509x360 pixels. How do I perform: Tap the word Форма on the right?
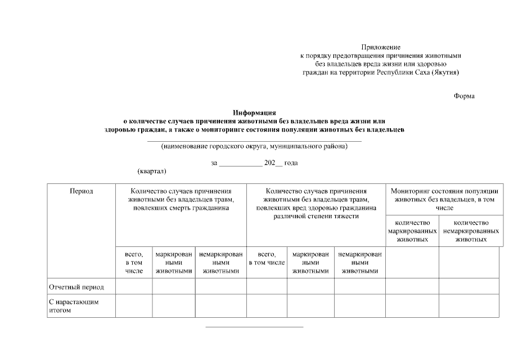point(464,96)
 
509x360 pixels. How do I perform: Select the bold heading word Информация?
point(254,112)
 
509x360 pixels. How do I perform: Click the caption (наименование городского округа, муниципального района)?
point(254,147)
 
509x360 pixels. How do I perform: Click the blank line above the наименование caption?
point(254,140)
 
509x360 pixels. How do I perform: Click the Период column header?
point(81,191)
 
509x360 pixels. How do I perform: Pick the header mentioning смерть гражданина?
point(181,199)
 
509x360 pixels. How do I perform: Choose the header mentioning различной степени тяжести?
point(316,203)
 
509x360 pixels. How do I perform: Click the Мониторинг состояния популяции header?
point(444,199)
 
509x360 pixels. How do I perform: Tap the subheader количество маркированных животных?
point(412,231)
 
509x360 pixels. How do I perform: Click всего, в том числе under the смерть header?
point(134,262)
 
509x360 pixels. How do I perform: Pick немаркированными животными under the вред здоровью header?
point(360,262)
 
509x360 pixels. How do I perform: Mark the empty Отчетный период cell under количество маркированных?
point(412,286)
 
